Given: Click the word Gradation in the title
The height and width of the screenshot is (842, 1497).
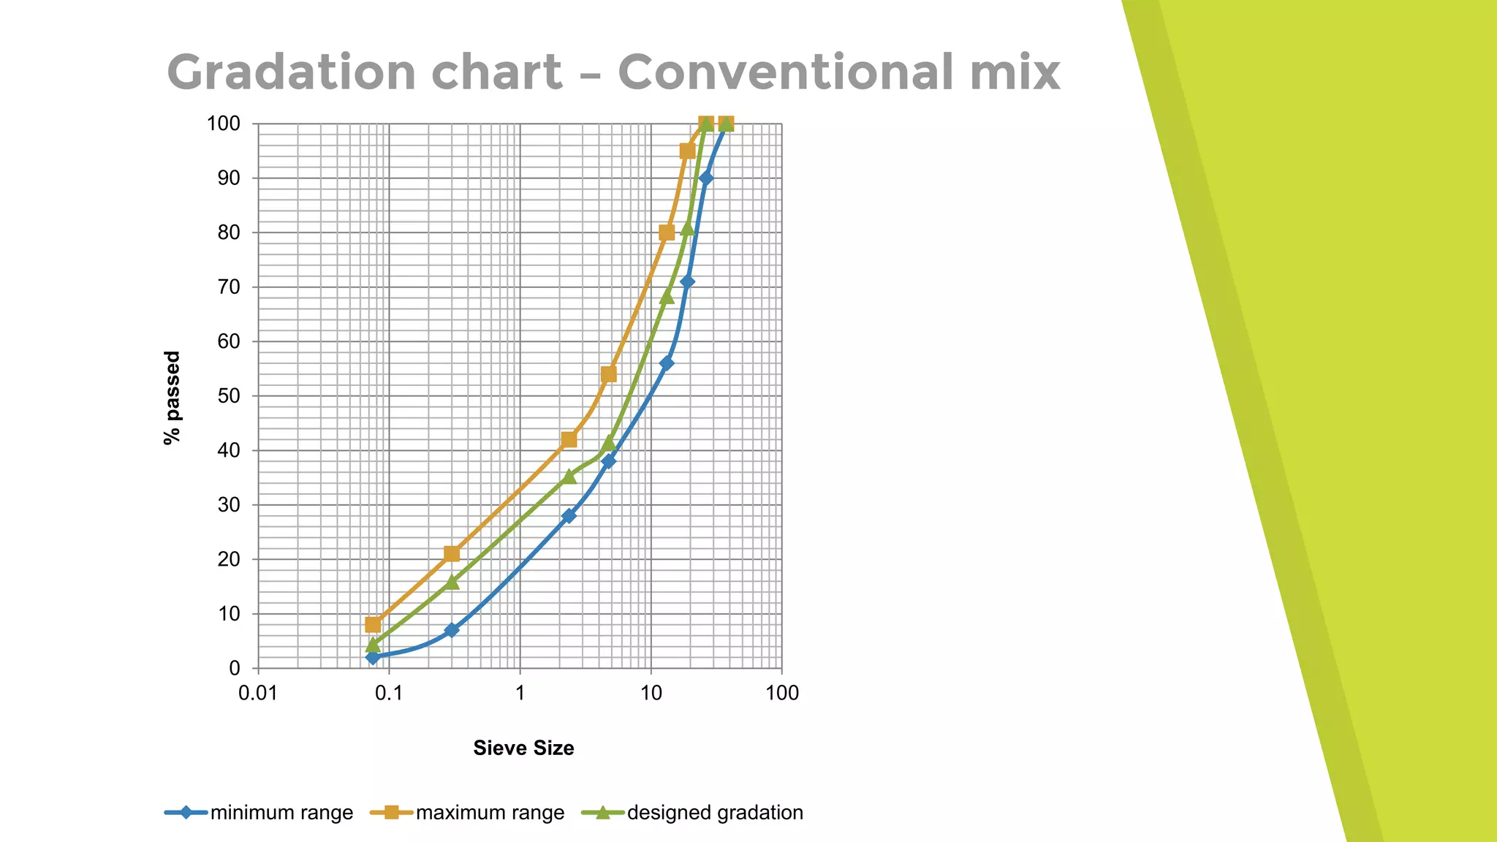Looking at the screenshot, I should click(x=291, y=72).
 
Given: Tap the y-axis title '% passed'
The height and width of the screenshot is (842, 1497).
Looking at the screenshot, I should click(x=172, y=398).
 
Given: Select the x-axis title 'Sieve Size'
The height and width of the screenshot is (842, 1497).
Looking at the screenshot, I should click(x=523, y=748).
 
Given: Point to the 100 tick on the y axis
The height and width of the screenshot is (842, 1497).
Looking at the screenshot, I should click(x=224, y=124).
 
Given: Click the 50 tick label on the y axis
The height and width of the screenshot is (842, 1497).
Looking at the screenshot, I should click(x=230, y=396).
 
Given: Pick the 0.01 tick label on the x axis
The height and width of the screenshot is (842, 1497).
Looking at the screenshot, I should click(x=258, y=693).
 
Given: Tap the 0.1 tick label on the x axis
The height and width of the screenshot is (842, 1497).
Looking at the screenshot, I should click(x=389, y=693).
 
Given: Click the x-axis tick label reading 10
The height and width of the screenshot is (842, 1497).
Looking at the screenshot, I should click(x=651, y=693).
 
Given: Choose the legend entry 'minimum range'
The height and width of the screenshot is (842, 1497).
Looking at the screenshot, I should click(x=281, y=813).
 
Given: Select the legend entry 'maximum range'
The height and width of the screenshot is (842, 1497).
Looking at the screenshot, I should click(x=490, y=813).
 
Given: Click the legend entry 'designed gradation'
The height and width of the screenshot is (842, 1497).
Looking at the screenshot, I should click(x=715, y=813).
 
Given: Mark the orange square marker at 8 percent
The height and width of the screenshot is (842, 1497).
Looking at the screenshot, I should click(x=373, y=624).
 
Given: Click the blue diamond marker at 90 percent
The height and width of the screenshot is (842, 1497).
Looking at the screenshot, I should click(x=705, y=178).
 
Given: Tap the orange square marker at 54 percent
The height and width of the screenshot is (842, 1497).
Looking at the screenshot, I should click(x=609, y=374).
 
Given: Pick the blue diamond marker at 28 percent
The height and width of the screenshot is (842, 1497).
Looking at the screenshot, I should click(x=569, y=516).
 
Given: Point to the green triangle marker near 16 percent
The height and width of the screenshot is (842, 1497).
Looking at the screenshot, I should click(x=452, y=582).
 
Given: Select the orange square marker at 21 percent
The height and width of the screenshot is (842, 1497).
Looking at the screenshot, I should click(x=452, y=554).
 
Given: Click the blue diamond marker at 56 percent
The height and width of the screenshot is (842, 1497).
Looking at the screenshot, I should click(x=667, y=363).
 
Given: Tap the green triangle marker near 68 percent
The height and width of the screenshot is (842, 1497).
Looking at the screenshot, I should click(x=667, y=297).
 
